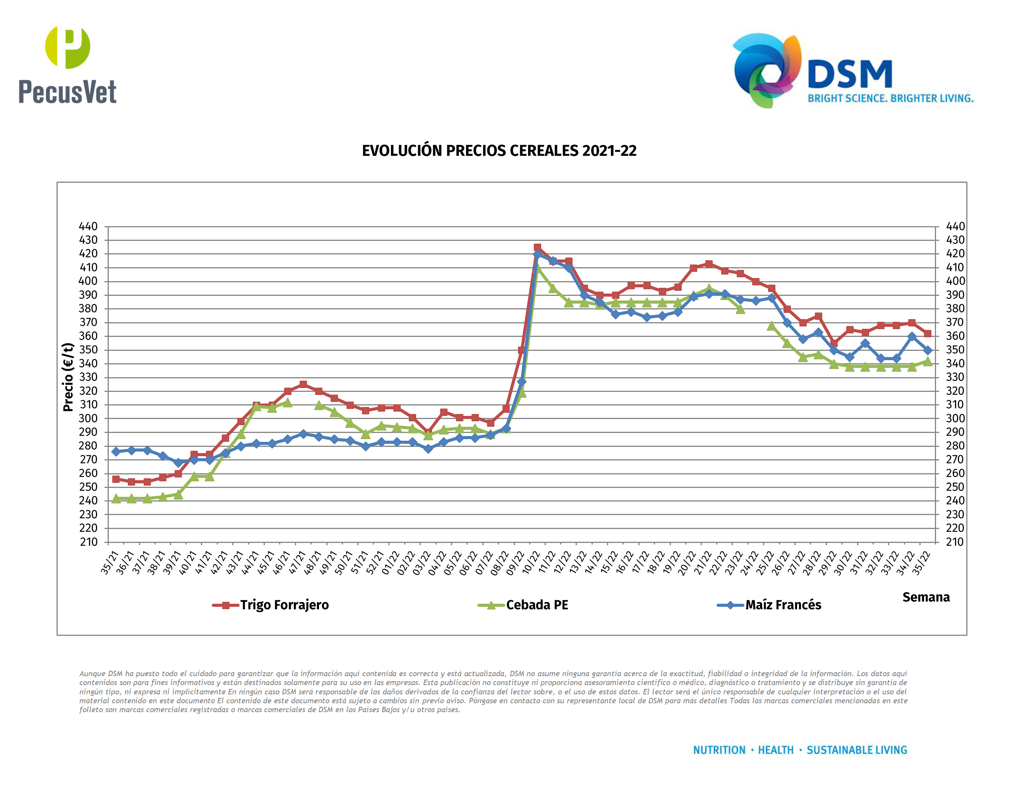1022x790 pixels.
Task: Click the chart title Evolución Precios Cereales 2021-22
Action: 499,151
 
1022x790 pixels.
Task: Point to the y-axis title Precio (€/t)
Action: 68,377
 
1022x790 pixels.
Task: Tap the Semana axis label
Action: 926,597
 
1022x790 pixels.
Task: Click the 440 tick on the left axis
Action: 88,227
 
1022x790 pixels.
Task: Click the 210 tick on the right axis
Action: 955,542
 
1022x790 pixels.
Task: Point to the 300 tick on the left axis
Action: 88,418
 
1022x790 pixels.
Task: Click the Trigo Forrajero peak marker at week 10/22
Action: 537,247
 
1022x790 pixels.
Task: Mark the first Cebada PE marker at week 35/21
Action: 116,499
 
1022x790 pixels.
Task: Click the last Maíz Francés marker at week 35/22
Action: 928,350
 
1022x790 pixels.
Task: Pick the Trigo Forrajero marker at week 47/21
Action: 303,384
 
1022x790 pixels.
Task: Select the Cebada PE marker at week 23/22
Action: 740,309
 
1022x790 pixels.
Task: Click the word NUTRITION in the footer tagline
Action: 719,750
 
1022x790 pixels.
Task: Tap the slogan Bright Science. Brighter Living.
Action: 890,98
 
